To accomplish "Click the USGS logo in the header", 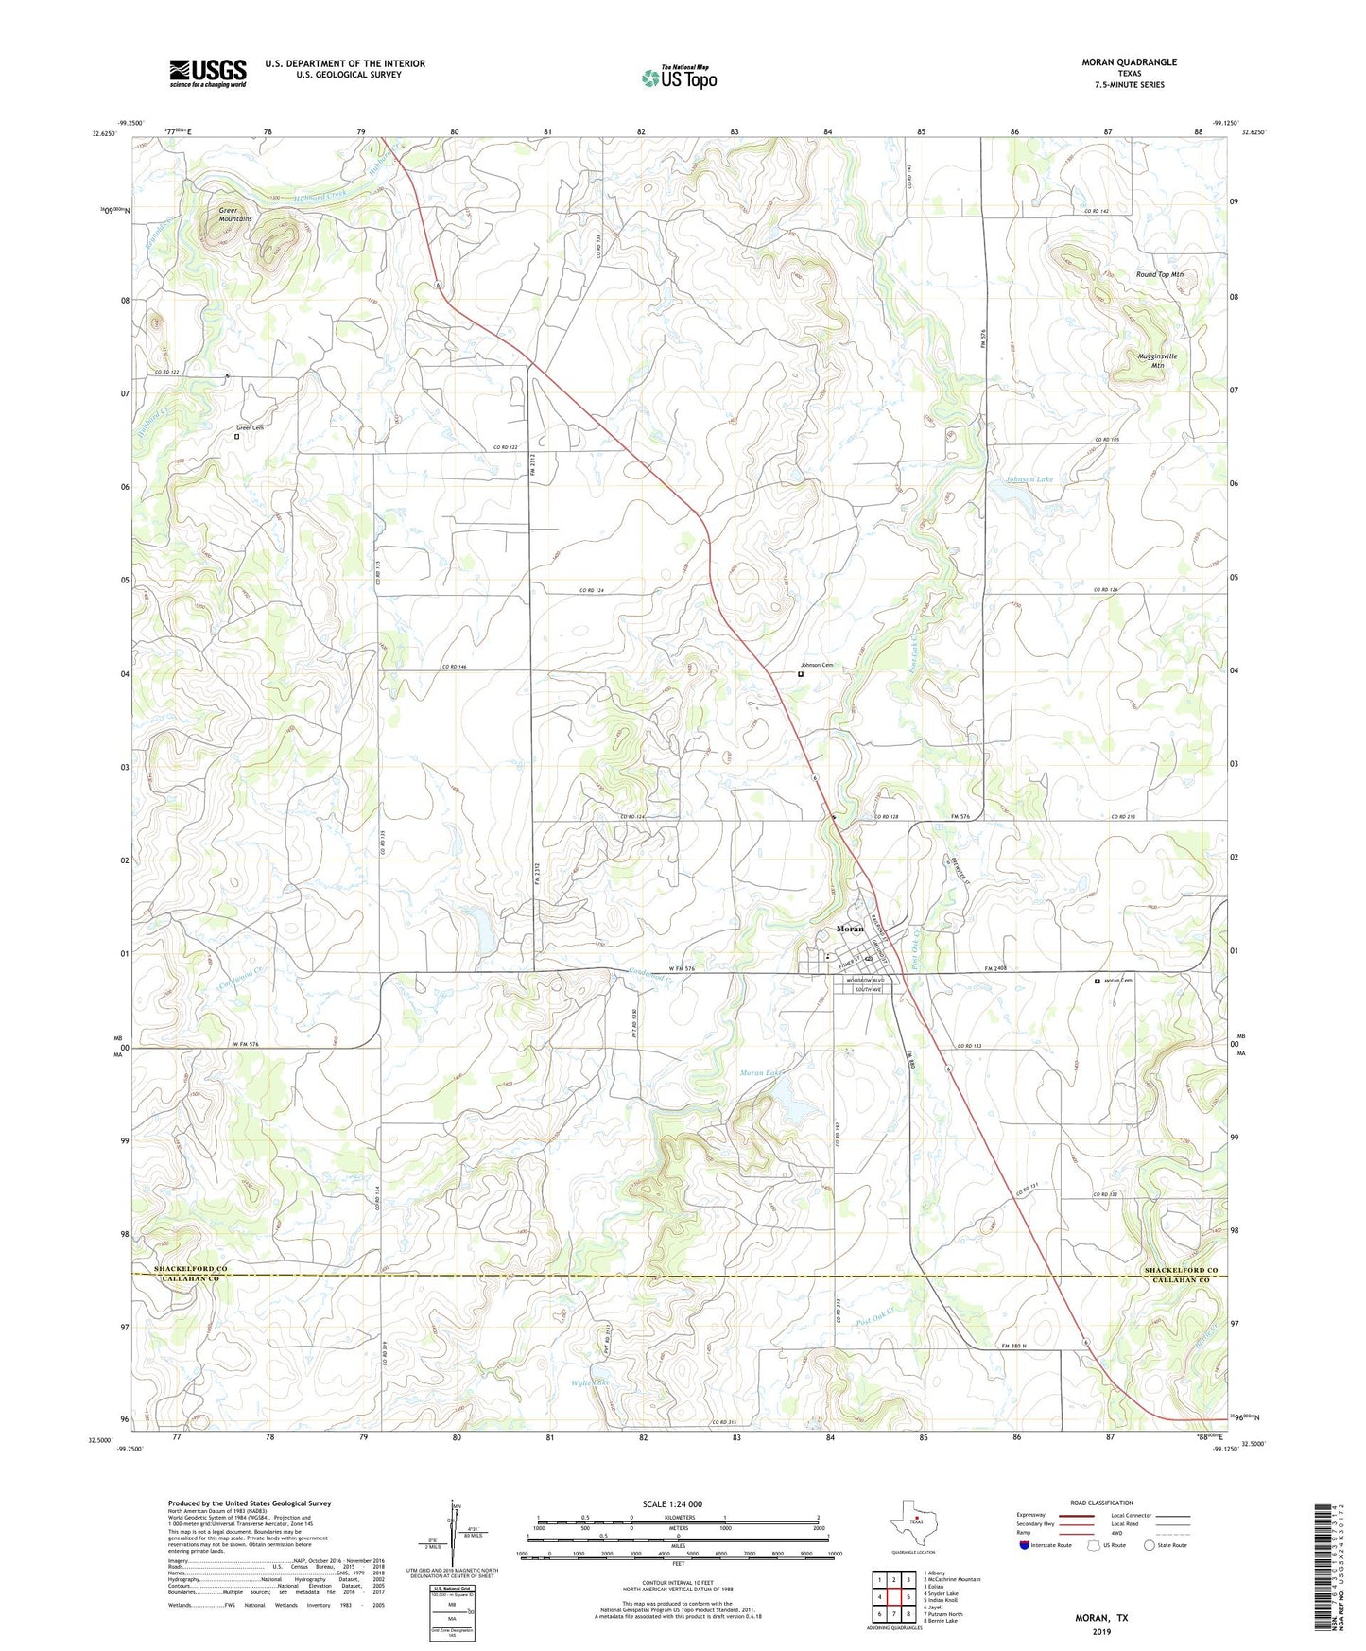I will click(208, 73).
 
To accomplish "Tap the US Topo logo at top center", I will click(678, 78).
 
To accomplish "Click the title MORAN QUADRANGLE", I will click(1129, 62).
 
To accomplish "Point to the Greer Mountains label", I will click(235, 215).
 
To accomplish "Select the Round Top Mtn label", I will click(1159, 274).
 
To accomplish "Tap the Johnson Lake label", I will click(1029, 479).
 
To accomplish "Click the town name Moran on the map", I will click(850, 929).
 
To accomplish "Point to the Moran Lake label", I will click(761, 1073).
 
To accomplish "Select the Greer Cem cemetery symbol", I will click(237, 437).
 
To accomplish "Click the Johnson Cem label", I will click(818, 666).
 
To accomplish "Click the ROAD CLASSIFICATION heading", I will click(1100, 1503).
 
